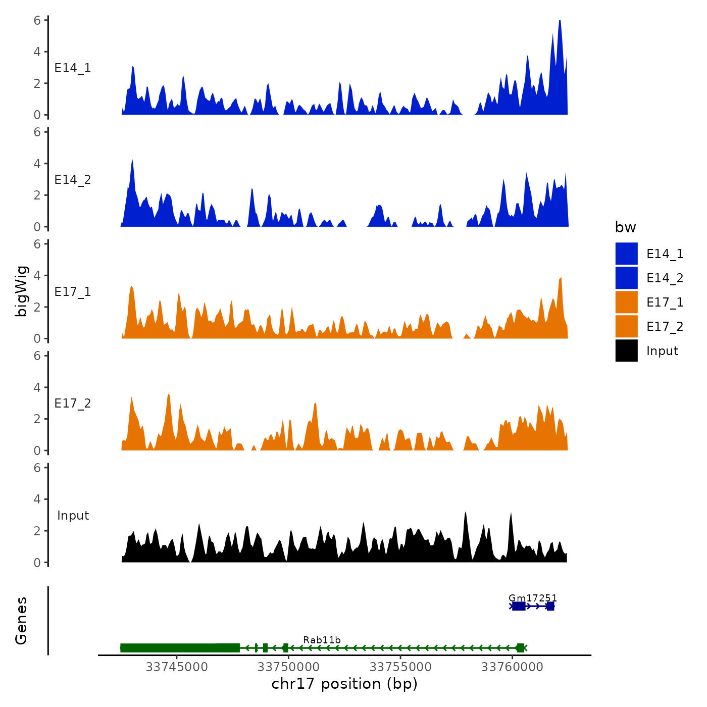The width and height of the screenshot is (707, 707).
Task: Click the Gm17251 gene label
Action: coord(533,598)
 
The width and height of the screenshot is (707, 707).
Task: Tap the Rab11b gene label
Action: coord(322,640)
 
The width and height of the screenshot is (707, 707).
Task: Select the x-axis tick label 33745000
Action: coord(177,667)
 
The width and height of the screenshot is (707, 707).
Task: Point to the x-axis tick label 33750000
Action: coord(288,667)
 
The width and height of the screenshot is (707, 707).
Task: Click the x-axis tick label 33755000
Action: coord(400,667)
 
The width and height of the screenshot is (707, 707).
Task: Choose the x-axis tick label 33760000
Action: coord(512,667)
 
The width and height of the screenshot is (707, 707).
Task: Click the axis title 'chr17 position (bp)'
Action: coord(344,684)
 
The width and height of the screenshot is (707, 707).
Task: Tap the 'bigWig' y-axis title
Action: coord(21,291)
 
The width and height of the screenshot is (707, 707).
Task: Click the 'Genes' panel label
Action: coord(21,621)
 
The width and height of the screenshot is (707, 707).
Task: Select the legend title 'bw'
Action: coord(625,227)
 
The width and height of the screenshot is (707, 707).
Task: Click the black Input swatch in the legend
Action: coord(626,350)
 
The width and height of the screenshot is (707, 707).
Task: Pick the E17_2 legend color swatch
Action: coord(626,326)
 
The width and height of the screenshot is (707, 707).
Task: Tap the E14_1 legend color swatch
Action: coord(626,254)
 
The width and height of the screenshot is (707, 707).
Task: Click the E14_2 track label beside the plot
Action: coord(73,180)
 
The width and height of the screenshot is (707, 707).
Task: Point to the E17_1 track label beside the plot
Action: coord(73,292)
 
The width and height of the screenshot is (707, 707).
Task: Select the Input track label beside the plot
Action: coord(73,516)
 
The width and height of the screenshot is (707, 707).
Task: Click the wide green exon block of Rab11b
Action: coord(179,648)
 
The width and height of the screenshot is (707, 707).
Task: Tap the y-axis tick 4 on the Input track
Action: coord(37,499)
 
